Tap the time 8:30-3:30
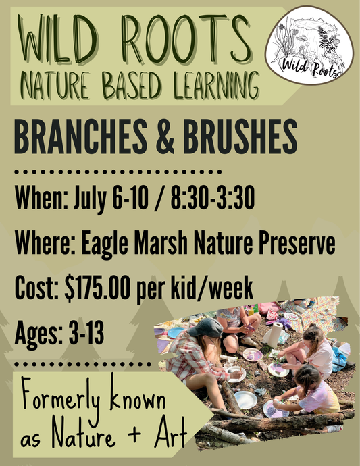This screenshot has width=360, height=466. click(x=215, y=201)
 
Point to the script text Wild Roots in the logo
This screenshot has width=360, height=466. click(x=311, y=67)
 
